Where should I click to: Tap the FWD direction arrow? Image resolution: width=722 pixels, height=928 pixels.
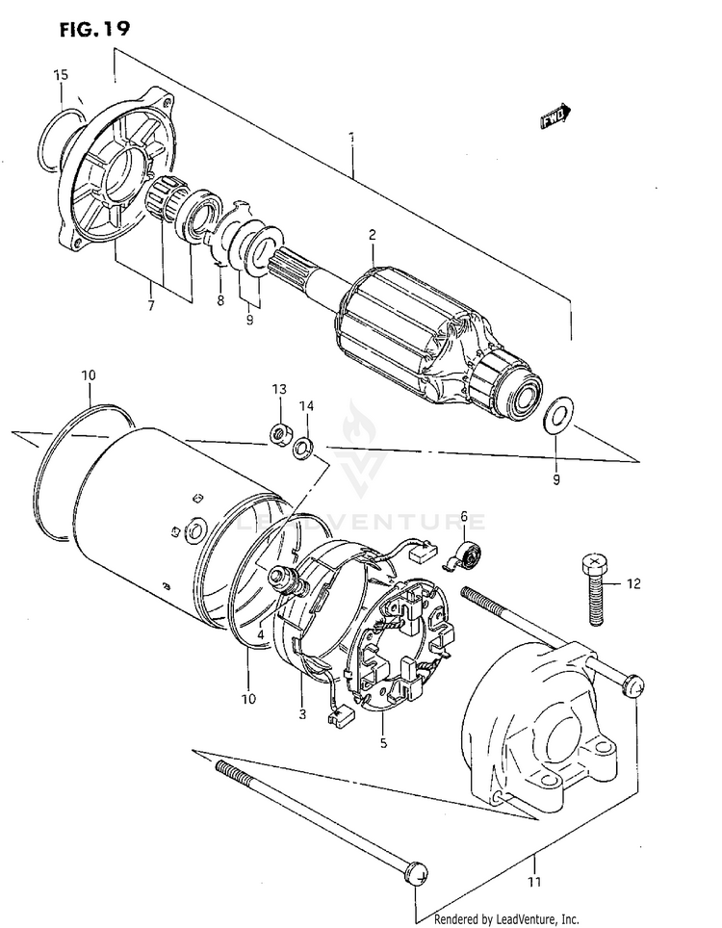[555, 116]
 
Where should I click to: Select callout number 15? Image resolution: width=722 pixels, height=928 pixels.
[60, 74]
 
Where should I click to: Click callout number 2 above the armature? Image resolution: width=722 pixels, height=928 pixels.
[372, 234]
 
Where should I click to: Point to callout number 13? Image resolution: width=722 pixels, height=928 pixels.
[279, 389]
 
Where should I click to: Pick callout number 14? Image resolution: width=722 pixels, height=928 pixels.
[306, 405]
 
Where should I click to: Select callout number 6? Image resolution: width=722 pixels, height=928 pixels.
[462, 519]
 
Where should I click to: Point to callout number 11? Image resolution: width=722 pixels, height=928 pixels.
[535, 882]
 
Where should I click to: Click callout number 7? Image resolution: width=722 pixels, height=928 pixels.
[151, 306]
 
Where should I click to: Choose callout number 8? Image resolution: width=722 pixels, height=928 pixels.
[219, 300]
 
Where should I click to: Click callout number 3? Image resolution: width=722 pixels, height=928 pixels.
[302, 714]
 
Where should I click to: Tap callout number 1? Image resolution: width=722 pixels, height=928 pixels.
[352, 138]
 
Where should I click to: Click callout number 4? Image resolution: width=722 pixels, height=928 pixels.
[260, 635]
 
